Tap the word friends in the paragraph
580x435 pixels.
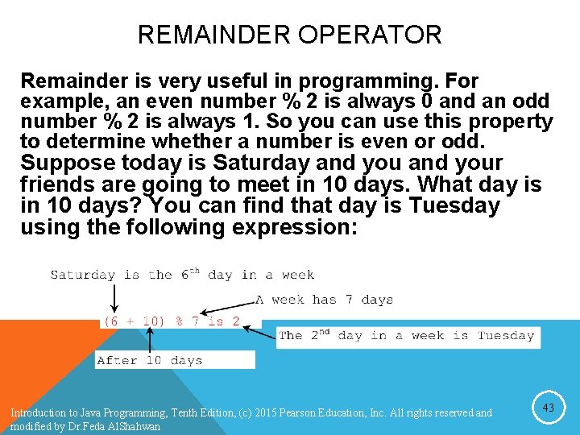57,185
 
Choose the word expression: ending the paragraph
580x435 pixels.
294,227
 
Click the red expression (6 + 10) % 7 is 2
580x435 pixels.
171,321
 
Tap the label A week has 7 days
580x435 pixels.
324,300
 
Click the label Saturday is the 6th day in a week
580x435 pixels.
182,275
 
